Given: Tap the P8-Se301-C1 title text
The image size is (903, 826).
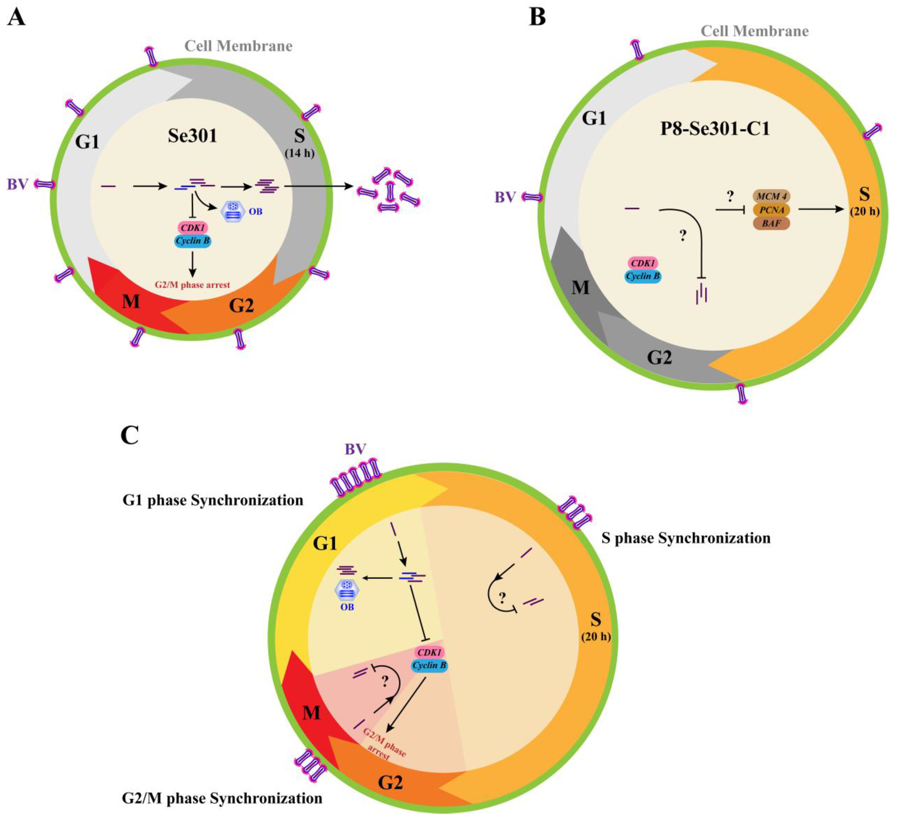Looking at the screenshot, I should pyautogui.click(x=715, y=129).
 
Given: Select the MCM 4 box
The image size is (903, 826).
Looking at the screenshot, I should pyautogui.click(x=771, y=196).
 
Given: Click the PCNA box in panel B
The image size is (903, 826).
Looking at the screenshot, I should pyautogui.click(x=771, y=210).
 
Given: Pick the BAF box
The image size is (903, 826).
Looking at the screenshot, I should pyautogui.click(x=771, y=223).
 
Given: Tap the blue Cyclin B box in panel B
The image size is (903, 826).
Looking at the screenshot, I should pyautogui.click(x=643, y=276).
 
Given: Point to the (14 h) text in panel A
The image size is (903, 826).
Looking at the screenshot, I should pyautogui.click(x=299, y=153).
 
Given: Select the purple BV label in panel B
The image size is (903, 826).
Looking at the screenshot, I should pyautogui.click(x=505, y=197).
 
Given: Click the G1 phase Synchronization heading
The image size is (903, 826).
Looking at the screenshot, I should pyautogui.click(x=213, y=500).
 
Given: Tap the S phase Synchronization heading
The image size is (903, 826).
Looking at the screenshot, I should pyautogui.click(x=686, y=538).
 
